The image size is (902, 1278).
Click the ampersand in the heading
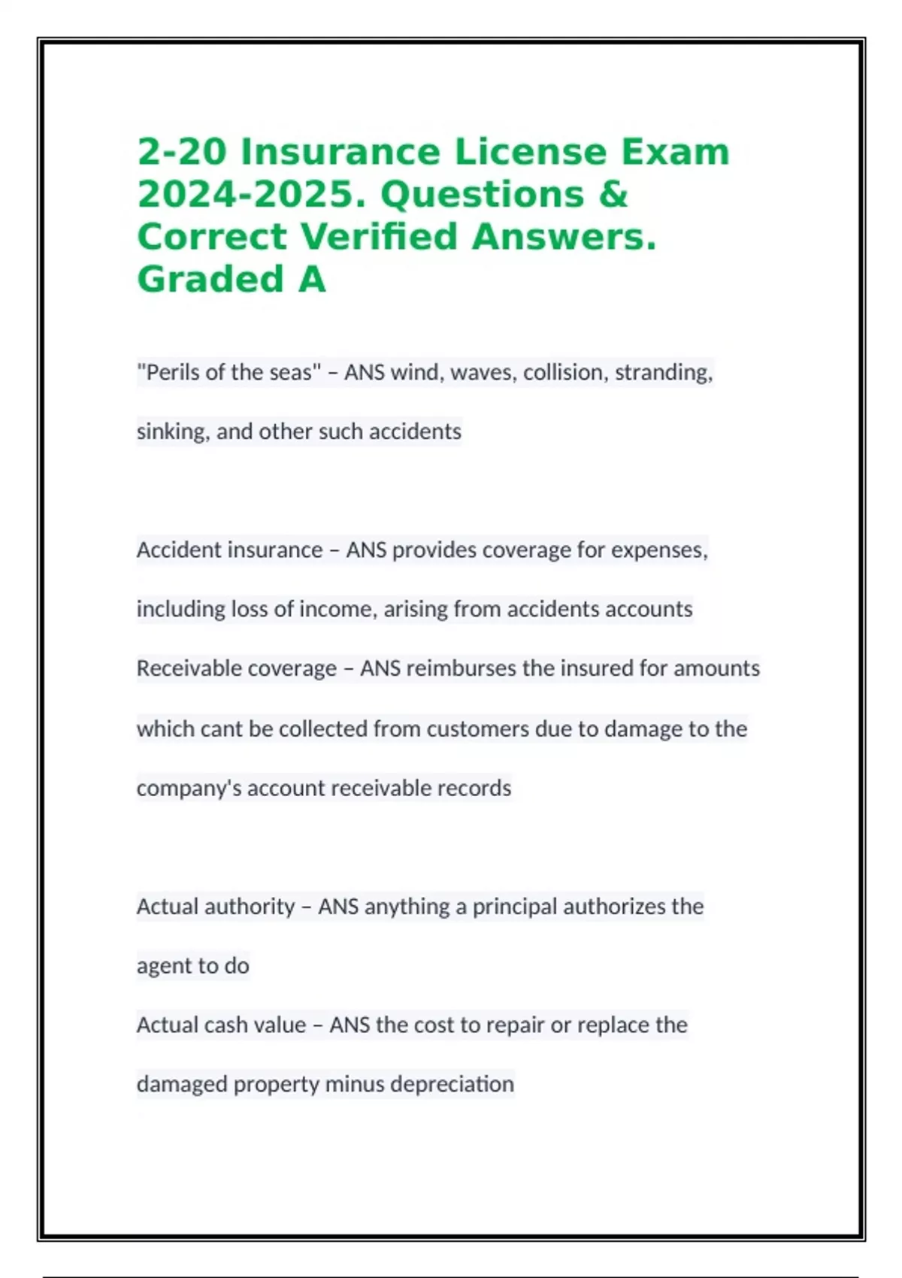click(x=613, y=195)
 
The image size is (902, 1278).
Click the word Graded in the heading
click(x=210, y=280)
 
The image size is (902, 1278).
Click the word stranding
click(x=663, y=373)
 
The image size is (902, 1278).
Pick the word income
click(x=337, y=609)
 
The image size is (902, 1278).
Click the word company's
click(x=189, y=789)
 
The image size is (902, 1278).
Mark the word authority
click(x=249, y=907)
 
